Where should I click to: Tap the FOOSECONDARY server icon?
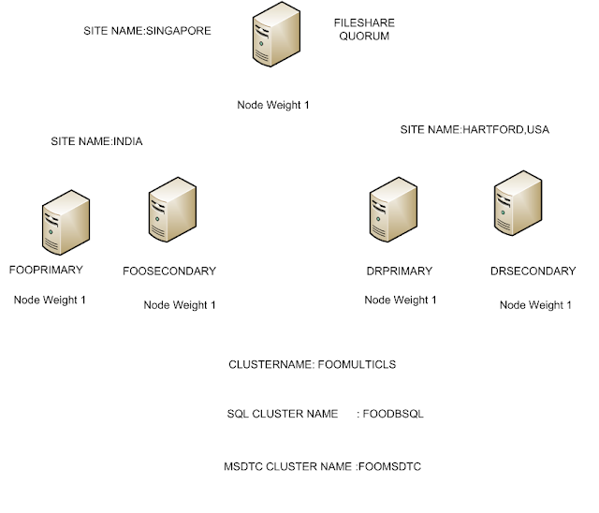click(170, 213)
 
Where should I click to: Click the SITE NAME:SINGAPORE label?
click(148, 31)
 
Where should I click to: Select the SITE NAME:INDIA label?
click(96, 141)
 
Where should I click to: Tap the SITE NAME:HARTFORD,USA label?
click(475, 130)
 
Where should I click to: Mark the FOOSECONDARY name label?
click(169, 271)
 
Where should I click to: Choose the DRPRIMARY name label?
click(400, 271)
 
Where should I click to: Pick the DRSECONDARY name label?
click(533, 271)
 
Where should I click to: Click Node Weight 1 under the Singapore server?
click(272, 105)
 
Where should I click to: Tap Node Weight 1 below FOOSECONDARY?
click(180, 305)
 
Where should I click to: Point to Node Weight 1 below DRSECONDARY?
click(535, 305)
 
